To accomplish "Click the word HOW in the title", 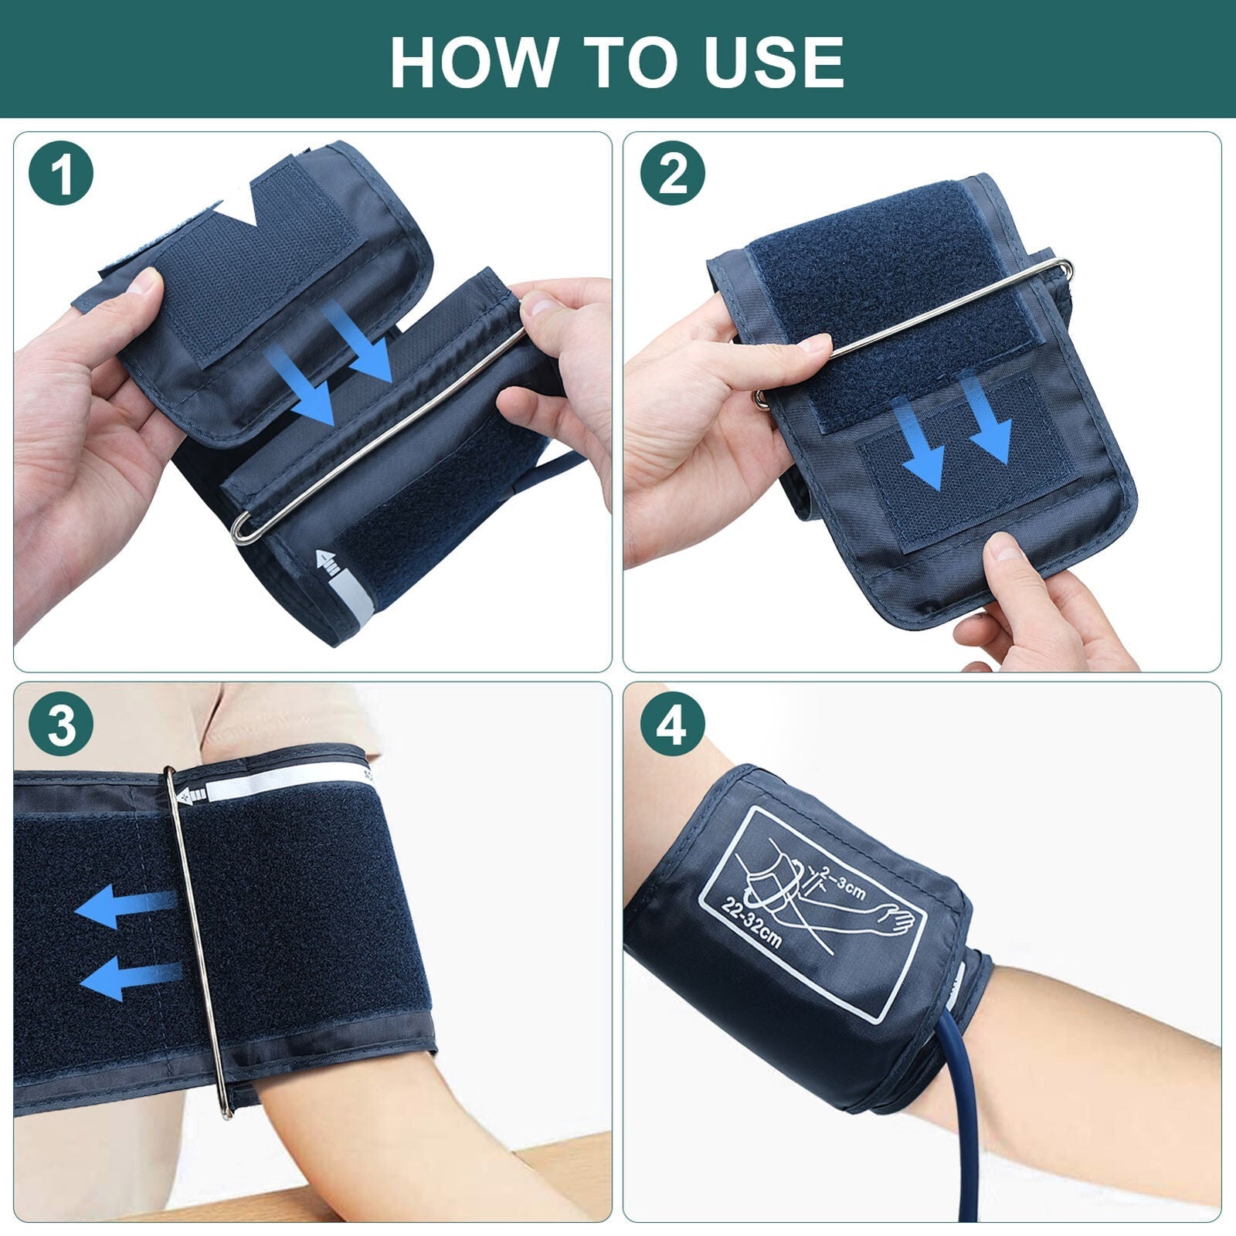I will point(473,62).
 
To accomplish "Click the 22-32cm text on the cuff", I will point(752,924).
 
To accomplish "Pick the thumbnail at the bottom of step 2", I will point(1009,549).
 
